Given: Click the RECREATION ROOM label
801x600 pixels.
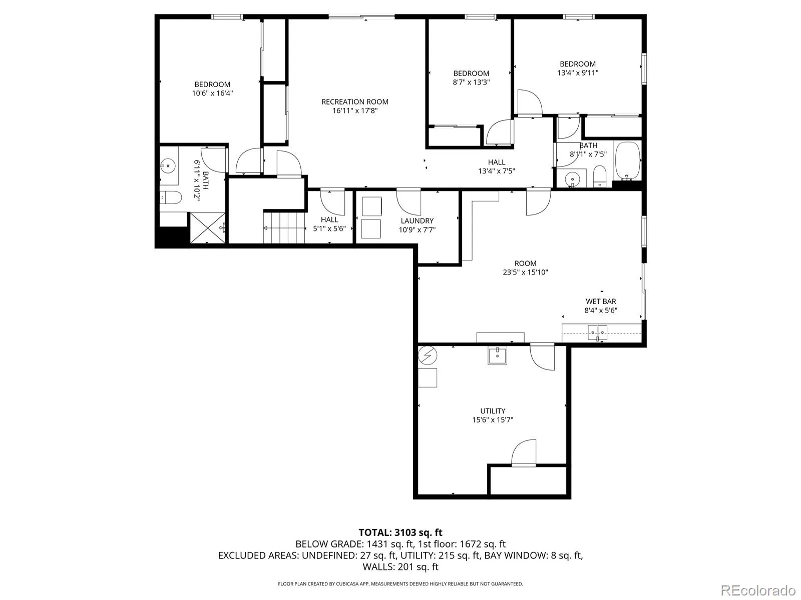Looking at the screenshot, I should click(354, 101).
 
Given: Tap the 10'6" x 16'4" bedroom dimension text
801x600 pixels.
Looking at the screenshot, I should click(212, 93).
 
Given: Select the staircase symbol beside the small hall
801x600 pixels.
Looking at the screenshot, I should click(284, 227).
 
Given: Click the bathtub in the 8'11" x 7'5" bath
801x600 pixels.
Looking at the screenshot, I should click(627, 160).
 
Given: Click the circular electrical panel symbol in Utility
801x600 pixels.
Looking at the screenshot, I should click(428, 355).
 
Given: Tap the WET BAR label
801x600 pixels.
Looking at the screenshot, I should click(601, 301).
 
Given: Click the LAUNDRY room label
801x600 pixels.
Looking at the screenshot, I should click(417, 220).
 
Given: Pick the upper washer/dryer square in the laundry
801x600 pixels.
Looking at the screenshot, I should click(371, 206).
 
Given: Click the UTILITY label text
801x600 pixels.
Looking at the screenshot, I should click(493, 410).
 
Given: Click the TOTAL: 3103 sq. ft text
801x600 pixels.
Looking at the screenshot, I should click(400, 532).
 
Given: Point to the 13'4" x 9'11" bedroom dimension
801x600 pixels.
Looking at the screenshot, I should click(578, 72).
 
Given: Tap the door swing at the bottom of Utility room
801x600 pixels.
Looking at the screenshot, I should click(524, 453).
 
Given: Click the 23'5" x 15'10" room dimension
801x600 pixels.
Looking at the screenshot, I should click(525, 272).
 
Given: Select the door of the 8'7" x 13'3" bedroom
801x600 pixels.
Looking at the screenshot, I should click(499, 133).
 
